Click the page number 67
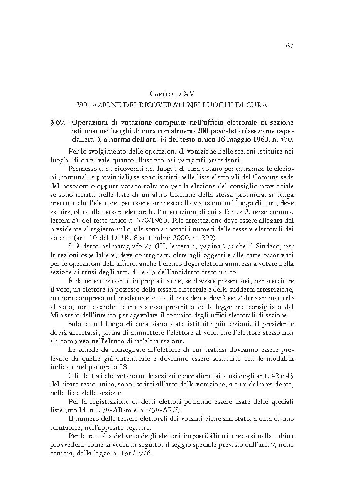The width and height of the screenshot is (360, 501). pos(290,46)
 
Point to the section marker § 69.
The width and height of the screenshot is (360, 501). pos(57,123)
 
